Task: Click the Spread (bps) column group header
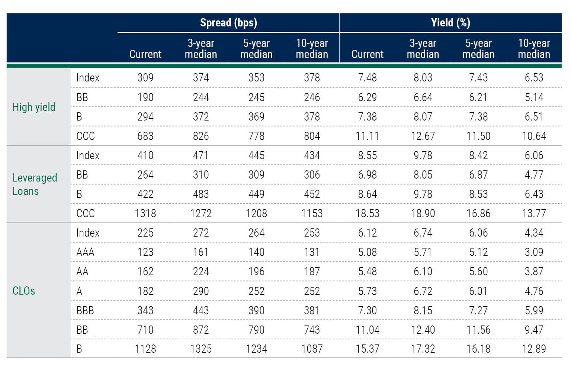[228, 23]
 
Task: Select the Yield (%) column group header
[450, 23]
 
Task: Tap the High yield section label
[34, 107]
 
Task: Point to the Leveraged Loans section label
[35, 184]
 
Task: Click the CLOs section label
[24, 291]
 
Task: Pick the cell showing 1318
[145, 214]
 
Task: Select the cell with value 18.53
[367, 214]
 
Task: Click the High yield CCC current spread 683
[145, 136]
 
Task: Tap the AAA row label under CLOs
[85, 252]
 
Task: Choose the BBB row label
[85, 310]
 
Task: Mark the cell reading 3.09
[534, 252]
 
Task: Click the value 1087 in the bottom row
[312, 349]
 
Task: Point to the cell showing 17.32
[423, 349]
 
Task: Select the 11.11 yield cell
[367, 136]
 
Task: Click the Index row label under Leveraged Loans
[88, 155]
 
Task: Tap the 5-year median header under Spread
[256, 49]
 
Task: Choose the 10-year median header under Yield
[534, 49]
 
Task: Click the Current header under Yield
[367, 54]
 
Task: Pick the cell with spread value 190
[145, 97]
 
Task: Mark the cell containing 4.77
[534, 175]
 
